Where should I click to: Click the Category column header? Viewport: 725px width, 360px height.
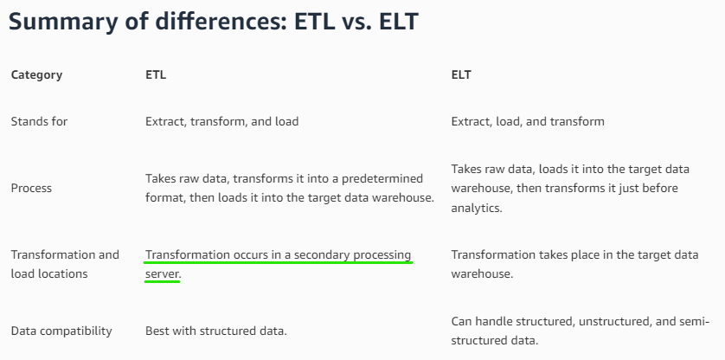pos(36,75)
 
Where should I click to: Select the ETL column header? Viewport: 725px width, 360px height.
pos(156,74)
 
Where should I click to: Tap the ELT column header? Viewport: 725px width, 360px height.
pos(461,74)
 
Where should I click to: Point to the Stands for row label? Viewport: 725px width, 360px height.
pos(39,121)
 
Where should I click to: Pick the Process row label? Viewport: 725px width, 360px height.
pos(31,189)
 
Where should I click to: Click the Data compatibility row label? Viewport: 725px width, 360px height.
pos(61,331)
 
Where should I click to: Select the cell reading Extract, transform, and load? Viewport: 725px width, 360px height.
pos(222,122)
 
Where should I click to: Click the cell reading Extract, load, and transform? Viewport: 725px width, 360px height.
pos(528,122)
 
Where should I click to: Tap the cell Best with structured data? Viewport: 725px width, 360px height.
pos(216,331)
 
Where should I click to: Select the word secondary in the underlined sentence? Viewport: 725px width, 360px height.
pos(322,255)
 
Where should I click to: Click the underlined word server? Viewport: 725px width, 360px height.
pos(164,274)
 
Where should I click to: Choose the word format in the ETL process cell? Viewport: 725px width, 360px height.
pos(163,198)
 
